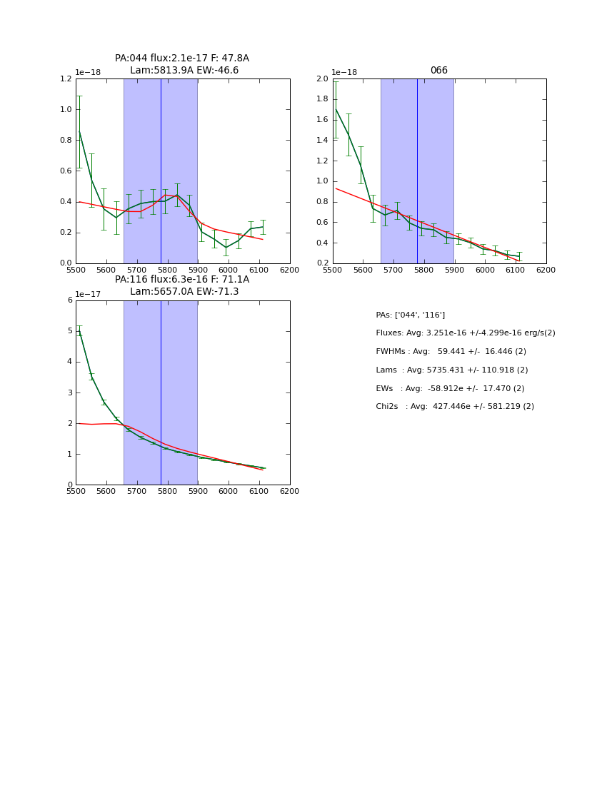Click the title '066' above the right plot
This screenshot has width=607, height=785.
pyautogui.click(x=438, y=71)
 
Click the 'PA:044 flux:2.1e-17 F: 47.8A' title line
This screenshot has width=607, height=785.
pyautogui.click(x=182, y=59)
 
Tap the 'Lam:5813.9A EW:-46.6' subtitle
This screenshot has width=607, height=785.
pyautogui.click(x=184, y=71)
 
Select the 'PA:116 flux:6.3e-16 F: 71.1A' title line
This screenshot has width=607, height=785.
pyautogui.click(x=182, y=280)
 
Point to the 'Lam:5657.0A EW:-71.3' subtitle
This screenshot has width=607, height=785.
pyautogui.click(x=184, y=292)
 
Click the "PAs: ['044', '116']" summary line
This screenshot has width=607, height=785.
pyautogui.click(x=411, y=315)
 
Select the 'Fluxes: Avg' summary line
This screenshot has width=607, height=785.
pyautogui.click(x=466, y=333)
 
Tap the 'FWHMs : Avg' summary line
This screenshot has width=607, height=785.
pyautogui.click(x=451, y=352)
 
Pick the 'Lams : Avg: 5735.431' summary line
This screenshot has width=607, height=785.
pyautogui.click(x=452, y=370)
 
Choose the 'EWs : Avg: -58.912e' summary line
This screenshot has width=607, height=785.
pyautogui.click(x=451, y=388)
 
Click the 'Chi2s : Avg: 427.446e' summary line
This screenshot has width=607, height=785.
pyautogui.click(x=455, y=407)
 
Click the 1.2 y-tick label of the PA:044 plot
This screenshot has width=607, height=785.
pyautogui.click(x=65, y=79)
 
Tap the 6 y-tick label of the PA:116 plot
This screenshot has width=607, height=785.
pyautogui.click(x=70, y=300)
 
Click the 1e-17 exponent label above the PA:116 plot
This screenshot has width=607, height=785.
pyautogui.click(x=89, y=294)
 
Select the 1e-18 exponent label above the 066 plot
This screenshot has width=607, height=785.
pyautogui.click(x=345, y=73)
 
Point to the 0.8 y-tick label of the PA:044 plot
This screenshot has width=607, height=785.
pyautogui.click(x=65, y=141)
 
